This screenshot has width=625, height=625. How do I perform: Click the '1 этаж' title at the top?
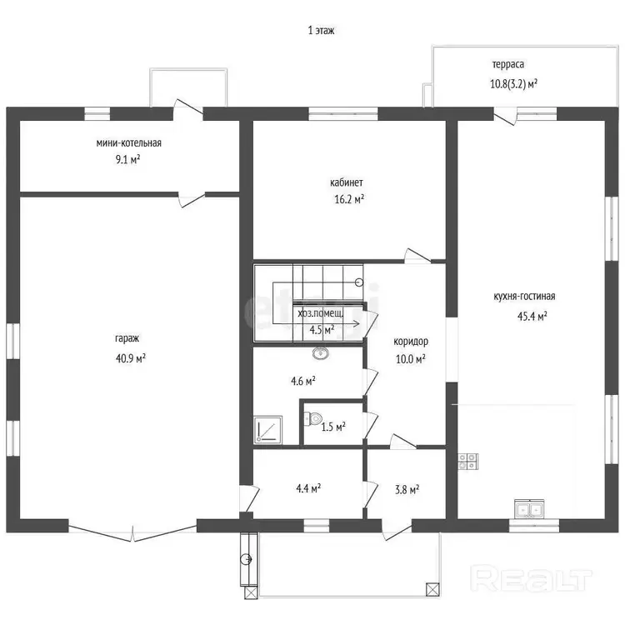point(321,30)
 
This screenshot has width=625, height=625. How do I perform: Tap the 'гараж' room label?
point(127,338)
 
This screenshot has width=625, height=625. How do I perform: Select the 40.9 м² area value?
point(131,358)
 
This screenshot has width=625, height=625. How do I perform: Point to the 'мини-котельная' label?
point(128,142)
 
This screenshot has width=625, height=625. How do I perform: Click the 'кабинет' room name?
point(347,182)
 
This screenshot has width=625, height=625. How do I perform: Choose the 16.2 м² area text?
point(349,199)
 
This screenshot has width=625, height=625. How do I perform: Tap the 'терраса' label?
point(507,64)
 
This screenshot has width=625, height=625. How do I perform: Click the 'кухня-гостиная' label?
point(524,296)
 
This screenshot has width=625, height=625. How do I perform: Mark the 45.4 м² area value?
point(532,316)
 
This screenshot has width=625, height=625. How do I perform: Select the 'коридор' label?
point(411,342)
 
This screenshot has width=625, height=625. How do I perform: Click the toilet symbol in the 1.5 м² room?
point(312,418)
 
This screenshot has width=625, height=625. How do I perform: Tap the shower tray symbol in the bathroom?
point(267,430)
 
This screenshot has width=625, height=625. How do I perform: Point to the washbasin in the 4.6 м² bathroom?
point(321,352)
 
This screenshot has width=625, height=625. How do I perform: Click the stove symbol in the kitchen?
point(468,462)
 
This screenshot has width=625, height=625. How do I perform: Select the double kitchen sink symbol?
point(529,509)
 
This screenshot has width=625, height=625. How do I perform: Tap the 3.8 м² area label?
point(407,489)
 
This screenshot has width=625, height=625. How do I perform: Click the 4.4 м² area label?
point(308,487)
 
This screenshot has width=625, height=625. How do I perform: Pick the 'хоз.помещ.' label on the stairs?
point(320,312)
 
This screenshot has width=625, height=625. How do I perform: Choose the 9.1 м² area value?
point(127,159)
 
